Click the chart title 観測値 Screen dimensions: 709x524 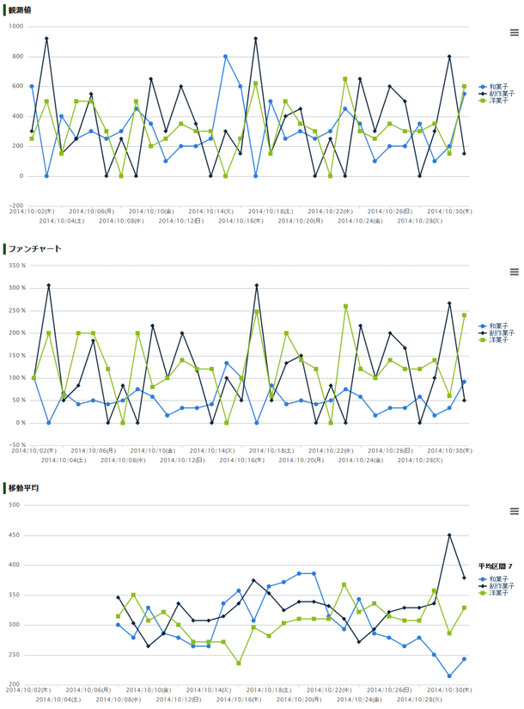21,10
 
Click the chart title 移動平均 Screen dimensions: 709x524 23,487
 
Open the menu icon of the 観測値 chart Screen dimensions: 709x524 514,33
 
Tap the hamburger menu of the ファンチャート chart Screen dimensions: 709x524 514,272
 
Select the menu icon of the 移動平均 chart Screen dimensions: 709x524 514,510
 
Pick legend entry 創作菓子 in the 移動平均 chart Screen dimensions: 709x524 501,586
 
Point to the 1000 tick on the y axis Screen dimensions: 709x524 15,27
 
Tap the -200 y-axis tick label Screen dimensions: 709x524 15,205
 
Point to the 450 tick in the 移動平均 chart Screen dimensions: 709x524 14,535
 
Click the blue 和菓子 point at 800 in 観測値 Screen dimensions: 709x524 226,57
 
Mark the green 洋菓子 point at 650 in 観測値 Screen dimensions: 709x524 345,79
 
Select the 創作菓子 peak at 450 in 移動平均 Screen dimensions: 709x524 449,535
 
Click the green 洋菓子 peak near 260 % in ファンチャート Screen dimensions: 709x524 345,306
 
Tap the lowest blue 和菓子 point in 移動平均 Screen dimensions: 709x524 449,675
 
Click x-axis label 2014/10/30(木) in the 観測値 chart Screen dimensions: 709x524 450,210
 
